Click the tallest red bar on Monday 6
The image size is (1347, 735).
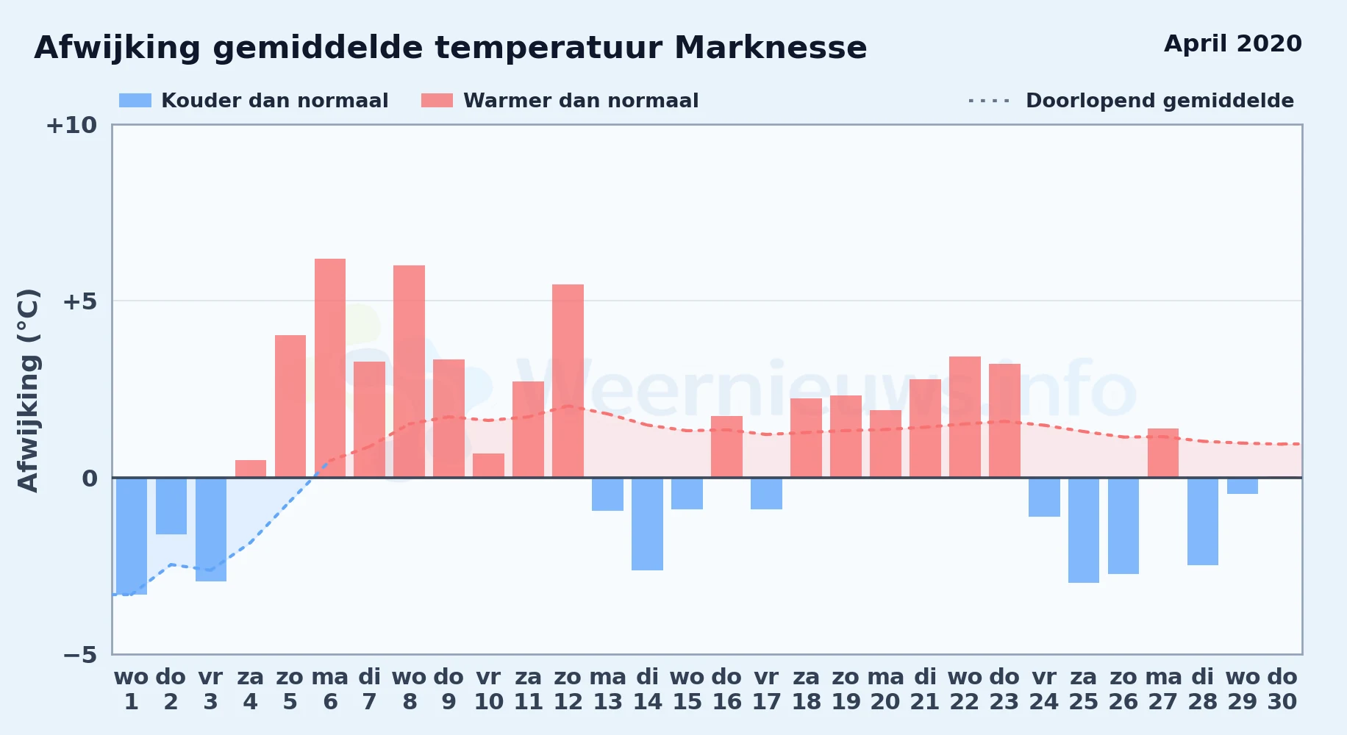[x=330, y=368]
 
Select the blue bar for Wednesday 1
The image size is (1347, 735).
[x=132, y=536]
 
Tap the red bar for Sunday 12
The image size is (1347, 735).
[x=568, y=381]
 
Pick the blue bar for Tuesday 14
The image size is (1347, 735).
[x=648, y=524]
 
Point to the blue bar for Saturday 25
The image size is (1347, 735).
[x=1084, y=530]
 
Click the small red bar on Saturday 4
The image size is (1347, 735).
[x=251, y=469]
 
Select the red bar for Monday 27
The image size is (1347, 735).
[x=1163, y=453]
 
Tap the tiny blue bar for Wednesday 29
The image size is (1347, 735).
[x=1243, y=486]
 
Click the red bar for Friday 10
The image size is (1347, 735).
[x=489, y=465]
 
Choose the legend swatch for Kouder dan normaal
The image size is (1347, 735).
[x=135, y=101]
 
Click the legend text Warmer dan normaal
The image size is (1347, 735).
[x=581, y=101]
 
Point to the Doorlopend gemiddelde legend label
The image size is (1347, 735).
[x=1160, y=101]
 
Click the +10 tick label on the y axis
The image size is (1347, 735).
[x=71, y=125]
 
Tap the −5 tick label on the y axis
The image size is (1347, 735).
[x=80, y=654]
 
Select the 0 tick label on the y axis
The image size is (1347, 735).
[x=90, y=478]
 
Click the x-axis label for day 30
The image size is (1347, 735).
[x=1282, y=689]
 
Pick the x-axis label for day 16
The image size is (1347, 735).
[x=727, y=689]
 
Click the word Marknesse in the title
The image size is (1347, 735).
[x=771, y=48]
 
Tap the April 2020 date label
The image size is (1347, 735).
[x=1233, y=43]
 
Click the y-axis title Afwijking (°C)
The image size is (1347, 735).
[x=28, y=390]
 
